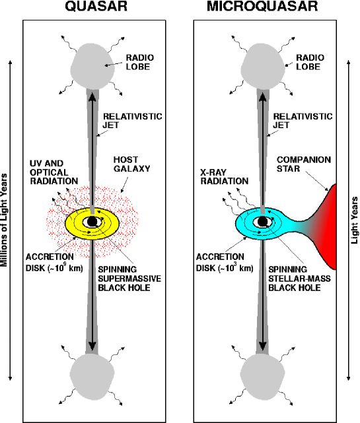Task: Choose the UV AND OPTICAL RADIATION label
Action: click(x=55, y=171)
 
